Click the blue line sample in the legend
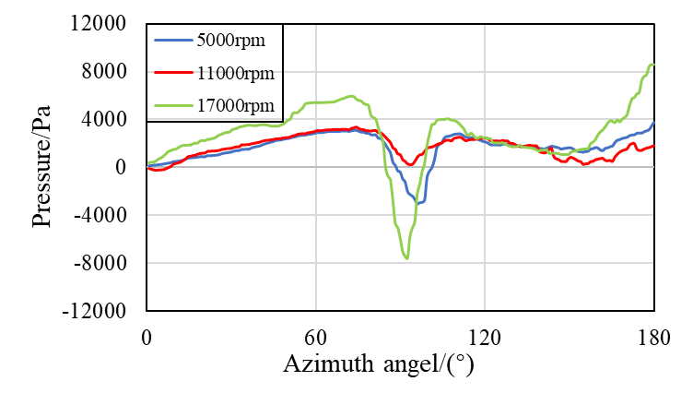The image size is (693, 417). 172,41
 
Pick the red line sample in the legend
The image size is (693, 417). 172,73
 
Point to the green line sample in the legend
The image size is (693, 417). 172,105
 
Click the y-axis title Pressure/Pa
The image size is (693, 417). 44,167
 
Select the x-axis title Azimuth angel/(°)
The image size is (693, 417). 378,366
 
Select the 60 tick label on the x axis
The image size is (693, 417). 316,337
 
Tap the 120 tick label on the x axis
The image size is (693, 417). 485,337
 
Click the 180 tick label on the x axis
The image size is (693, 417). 653,337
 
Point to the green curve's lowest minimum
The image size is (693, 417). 406,258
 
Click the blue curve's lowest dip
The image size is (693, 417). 417,203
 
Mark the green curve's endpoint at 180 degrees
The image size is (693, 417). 653,64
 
